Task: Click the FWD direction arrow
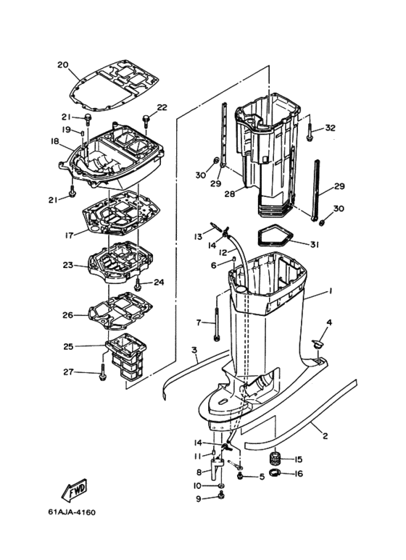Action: point(75,490)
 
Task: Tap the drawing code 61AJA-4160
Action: point(72,512)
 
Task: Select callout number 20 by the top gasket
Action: point(63,65)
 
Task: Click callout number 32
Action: point(330,128)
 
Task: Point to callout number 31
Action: point(314,245)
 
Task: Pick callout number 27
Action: point(68,372)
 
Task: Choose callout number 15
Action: point(298,459)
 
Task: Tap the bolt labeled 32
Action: point(310,133)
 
